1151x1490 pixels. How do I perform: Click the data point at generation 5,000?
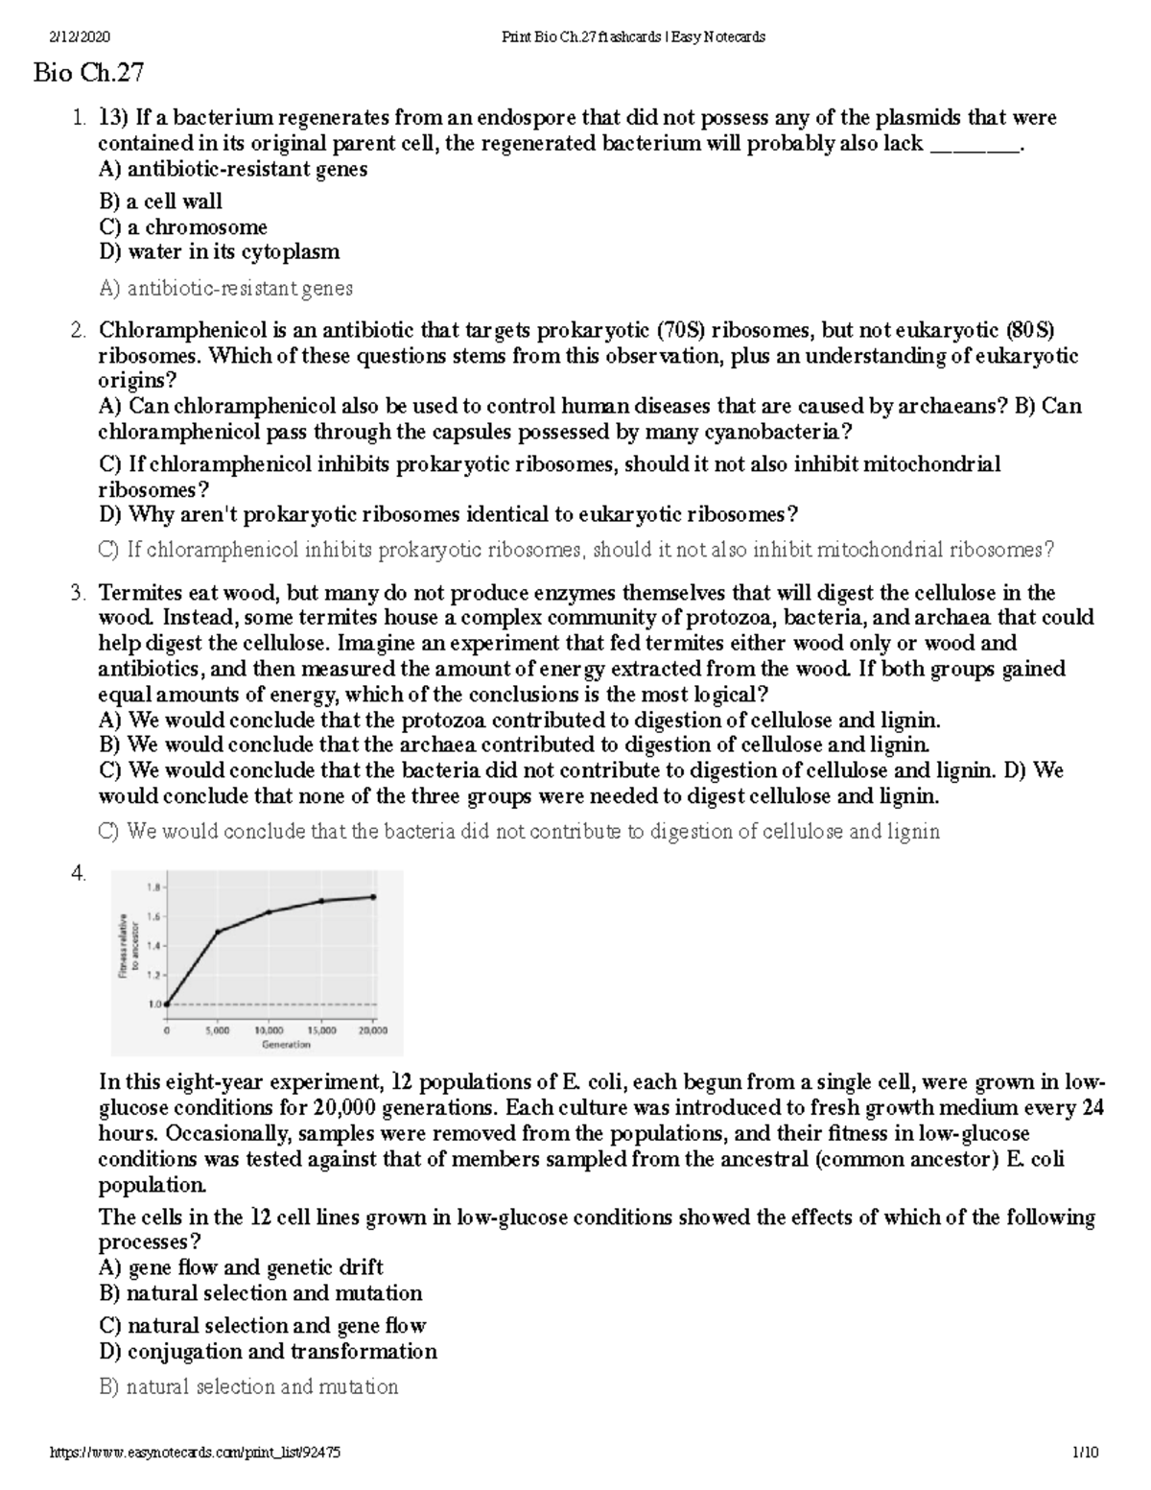(218, 932)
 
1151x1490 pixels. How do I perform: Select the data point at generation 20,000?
(373, 897)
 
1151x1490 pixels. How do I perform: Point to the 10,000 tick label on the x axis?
(269, 1031)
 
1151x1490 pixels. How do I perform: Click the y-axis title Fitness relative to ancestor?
(129, 946)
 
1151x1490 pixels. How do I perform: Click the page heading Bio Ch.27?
(88, 73)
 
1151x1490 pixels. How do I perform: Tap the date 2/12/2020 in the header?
(81, 37)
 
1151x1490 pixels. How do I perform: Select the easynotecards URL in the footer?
(195, 1453)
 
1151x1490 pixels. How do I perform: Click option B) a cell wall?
(160, 201)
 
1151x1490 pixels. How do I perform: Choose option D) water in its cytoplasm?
(219, 252)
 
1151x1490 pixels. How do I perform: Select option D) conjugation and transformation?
(268, 1351)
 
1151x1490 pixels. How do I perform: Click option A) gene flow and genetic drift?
(241, 1267)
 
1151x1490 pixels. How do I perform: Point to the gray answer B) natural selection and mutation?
(248, 1386)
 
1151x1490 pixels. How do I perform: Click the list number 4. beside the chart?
(79, 873)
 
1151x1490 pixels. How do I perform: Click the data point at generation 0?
(167, 1005)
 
